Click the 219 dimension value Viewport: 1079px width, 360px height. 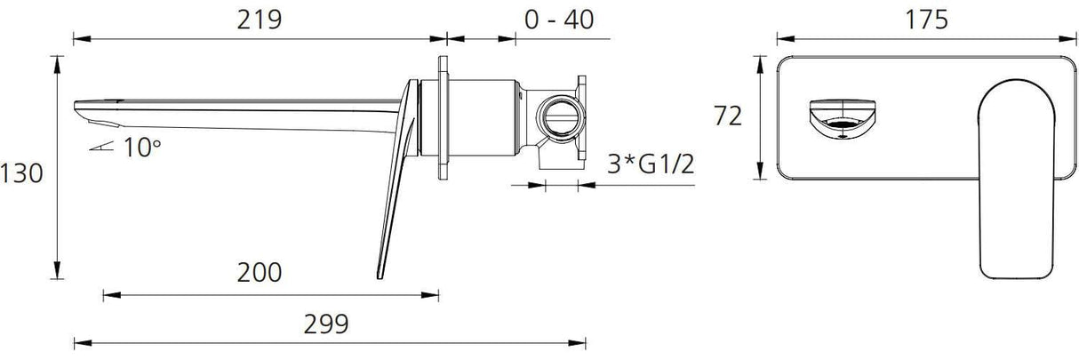pos(260,20)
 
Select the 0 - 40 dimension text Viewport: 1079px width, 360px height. pos(559,20)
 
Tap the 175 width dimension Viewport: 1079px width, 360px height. pos(926,20)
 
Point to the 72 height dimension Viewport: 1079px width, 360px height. pos(727,116)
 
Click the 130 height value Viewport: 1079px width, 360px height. pos(21,173)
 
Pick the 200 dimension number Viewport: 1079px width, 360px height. pos(260,272)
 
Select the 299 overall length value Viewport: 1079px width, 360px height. pos(326,324)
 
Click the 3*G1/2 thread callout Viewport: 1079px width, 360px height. pos(651,164)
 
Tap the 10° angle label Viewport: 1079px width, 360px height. pos(142,148)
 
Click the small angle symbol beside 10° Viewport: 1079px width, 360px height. pos(101,146)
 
